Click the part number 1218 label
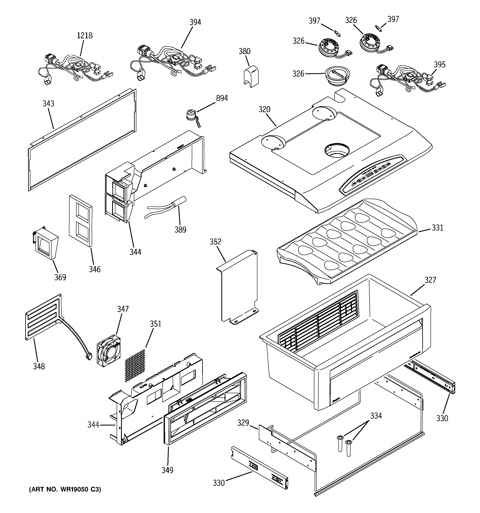click(x=85, y=36)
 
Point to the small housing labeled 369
click(x=46, y=244)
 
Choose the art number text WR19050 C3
click(x=65, y=489)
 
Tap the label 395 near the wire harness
click(x=439, y=64)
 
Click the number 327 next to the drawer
click(x=430, y=280)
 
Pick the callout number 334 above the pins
click(x=376, y=416)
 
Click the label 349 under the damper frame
click(x=167, y=470)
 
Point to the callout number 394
click(x=195, y=22)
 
